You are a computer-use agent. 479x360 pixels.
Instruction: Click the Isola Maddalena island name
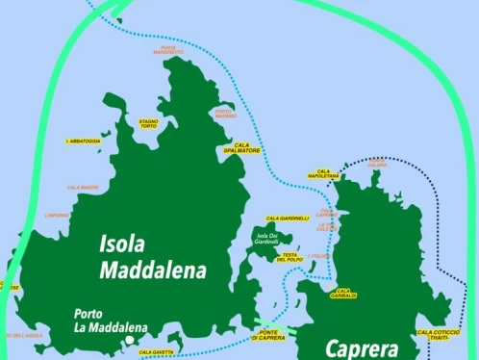click(x=152, y=257)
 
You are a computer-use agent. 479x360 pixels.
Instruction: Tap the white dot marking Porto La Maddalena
click(x=128, y=341)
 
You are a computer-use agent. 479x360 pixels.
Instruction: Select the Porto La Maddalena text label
click(x=110, y=321)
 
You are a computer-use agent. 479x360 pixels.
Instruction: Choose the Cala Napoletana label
click(x=323, y=174)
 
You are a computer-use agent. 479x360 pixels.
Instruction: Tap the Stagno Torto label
click(x=148, y=124)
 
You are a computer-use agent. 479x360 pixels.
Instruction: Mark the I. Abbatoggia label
click(x=83, y=141)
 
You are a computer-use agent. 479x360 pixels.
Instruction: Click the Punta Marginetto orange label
click(x=168, y=50)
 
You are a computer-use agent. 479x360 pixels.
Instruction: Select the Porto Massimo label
click(x=225, y=113)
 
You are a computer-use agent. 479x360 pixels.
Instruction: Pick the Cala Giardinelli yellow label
click(x=288, y=219)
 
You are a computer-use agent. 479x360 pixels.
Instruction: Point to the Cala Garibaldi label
click(x=343, y=293)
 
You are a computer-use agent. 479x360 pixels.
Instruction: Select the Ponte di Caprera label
click(x=270, y=335)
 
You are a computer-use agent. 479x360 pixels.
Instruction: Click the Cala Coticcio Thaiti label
click(x=439, y=334)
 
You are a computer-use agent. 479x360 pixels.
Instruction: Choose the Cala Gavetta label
click(x=157, y=352)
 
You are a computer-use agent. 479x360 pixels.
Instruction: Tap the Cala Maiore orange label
click(x=83, y=187)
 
